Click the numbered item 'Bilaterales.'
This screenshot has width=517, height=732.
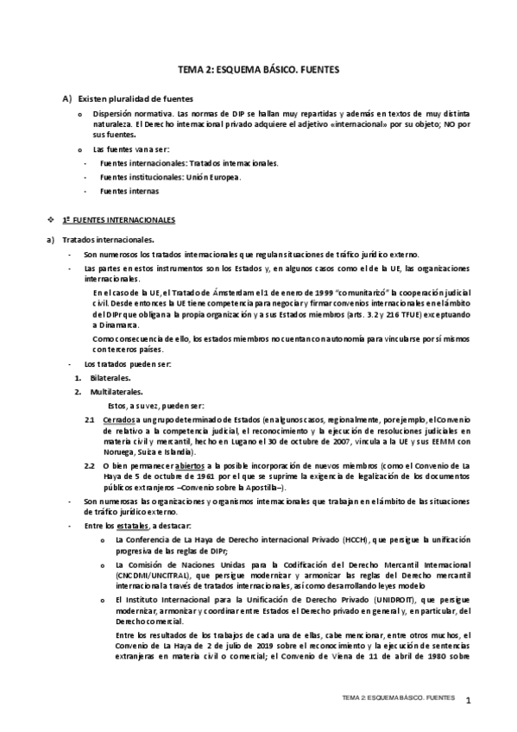tap(110, 378)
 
